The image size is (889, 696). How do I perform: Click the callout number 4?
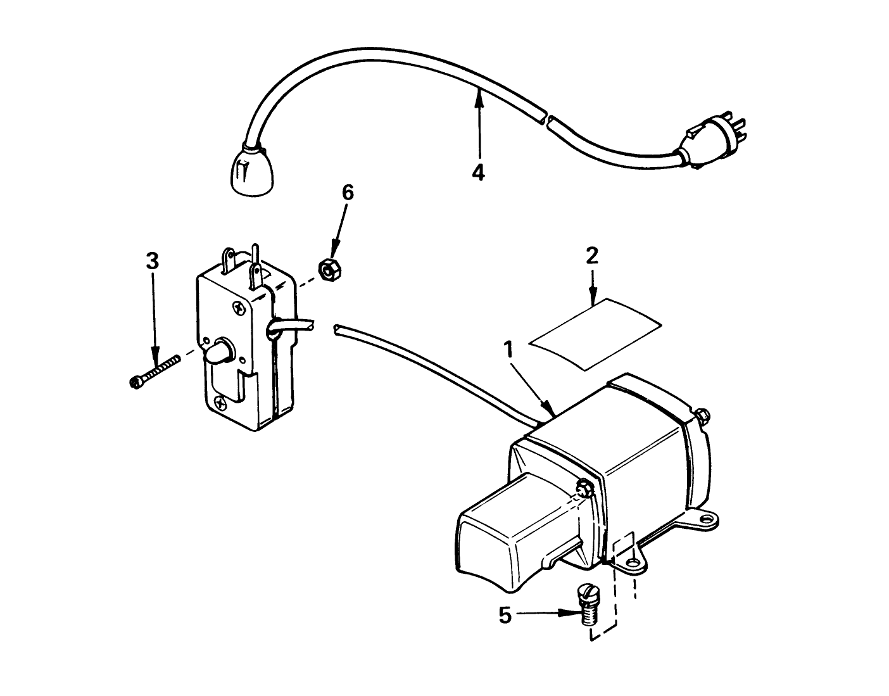click(479, 172)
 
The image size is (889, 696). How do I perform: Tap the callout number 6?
click(348, 193)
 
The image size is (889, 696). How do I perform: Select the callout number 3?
click(153, 261)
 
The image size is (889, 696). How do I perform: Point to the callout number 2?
click(592, 255)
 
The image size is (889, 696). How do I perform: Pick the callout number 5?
click(505, 615)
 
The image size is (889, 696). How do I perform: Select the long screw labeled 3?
click(154, 370)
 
